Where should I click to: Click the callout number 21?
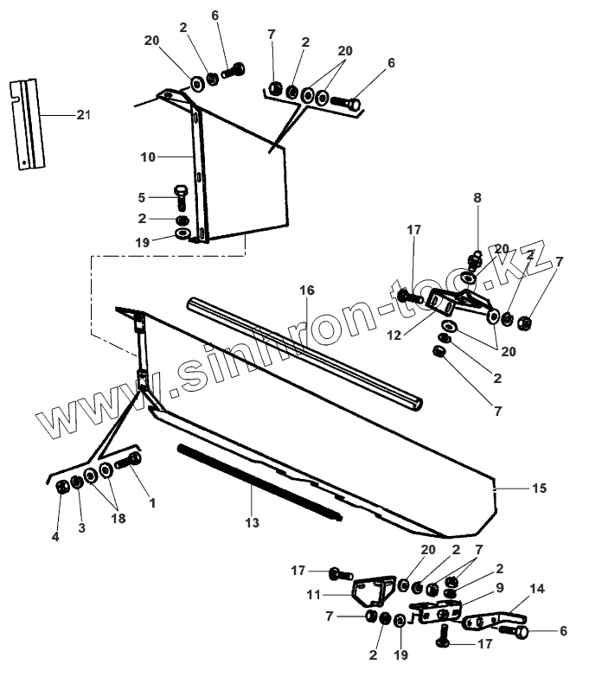[x=83, y=114]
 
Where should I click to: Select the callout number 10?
[x=147, y=157]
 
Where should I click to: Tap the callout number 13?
[x=252, y=522]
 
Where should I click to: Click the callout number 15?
[x=539, y=489]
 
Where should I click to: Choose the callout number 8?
[x=477, y=197]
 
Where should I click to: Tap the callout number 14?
[x=537, y=589]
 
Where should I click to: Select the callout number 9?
[x=475, y=588]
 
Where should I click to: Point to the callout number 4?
[x=55, y=537]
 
